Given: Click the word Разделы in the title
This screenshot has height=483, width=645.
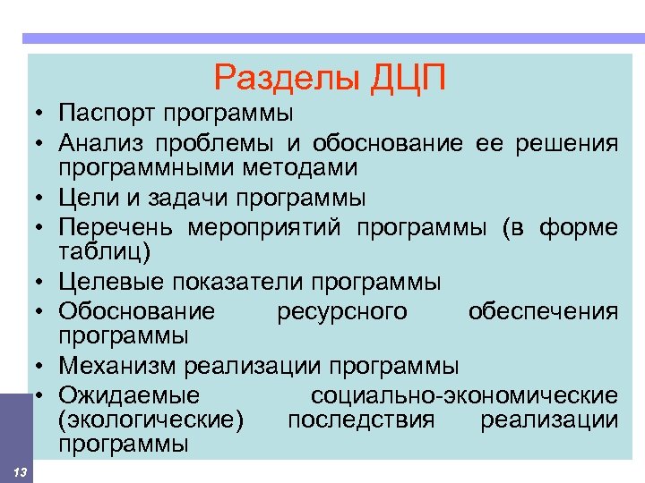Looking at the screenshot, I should point(284,80).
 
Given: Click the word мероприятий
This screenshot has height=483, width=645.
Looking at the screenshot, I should point(269,227).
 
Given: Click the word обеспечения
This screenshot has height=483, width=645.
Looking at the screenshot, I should point(543,311).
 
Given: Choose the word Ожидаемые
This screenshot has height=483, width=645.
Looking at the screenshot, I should point(129,395).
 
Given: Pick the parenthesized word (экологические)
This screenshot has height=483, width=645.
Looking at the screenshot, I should point(150,419).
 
